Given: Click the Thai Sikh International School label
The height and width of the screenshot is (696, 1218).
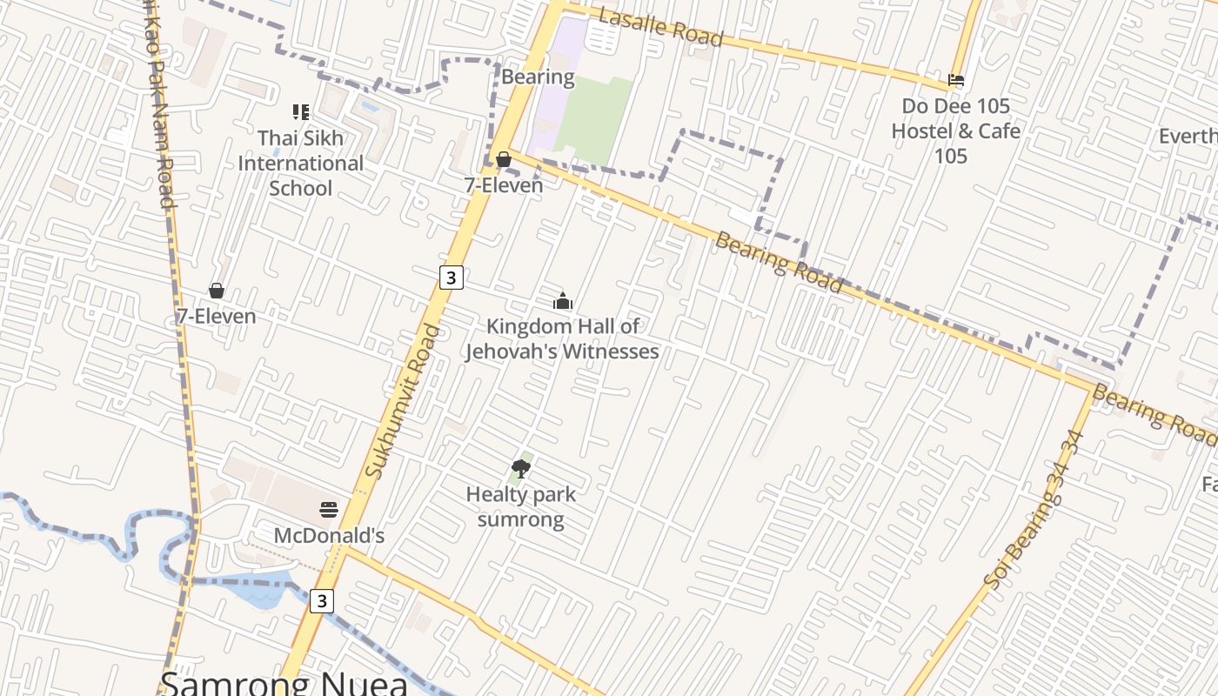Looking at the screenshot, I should pos(300,163).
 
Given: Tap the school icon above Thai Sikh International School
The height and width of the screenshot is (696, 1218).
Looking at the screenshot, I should pos(301,111).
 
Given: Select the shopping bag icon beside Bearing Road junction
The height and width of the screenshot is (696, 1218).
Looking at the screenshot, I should pos(504,159).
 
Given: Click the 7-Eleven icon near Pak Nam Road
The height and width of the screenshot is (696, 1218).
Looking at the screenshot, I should pos(217,291).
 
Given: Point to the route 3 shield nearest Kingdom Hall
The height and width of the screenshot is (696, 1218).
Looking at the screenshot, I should pos(450,278).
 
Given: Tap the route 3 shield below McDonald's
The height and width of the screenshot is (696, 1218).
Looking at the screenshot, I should pos(322,600).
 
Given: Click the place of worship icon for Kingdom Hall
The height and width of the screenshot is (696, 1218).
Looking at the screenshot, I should pos(563,301).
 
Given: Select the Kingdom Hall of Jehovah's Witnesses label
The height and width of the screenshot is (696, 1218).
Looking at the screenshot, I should pos(562,338).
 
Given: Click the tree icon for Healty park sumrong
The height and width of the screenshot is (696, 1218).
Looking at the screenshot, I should pos(521,469).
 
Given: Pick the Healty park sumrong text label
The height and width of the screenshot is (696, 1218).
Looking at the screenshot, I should pos(521,506).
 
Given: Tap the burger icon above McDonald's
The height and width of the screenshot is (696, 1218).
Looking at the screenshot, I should pos(329,509).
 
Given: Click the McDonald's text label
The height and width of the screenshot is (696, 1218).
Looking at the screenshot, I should pos(329,535).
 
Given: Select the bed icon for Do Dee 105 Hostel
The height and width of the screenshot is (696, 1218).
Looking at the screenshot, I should pos(956,80).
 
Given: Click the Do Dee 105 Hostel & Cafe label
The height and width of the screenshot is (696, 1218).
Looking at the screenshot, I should pos(955,130).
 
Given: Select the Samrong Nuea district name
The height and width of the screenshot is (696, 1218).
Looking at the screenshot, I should pos(284,682).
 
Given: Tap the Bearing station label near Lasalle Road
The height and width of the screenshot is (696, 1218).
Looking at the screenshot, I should pos(538,77).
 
